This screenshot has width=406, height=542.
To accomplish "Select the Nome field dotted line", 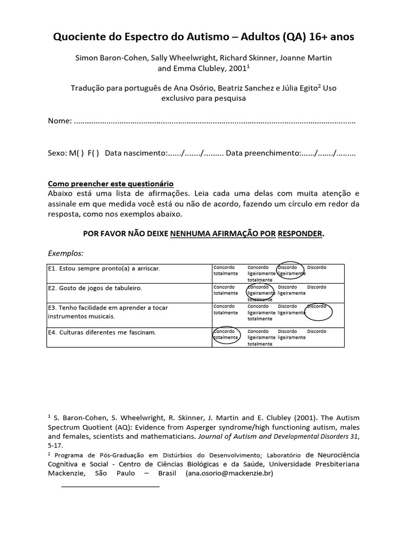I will pyautogui.click(x=215, y=121).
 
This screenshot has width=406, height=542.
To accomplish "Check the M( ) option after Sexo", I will pyautogui.click(x=76, y=153).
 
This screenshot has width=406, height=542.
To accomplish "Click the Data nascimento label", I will pyautogui.click(x=136, y=153).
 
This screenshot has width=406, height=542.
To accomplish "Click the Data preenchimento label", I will pyautogui.click(x=263, y=153).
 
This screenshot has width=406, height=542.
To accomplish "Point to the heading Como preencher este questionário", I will pyautogui.click(x=111, y=184).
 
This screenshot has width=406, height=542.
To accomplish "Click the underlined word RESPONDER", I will pyautogui.click(x=300, y=233).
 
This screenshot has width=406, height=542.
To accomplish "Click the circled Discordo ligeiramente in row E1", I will pyautogui.click(x=291, y=270).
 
